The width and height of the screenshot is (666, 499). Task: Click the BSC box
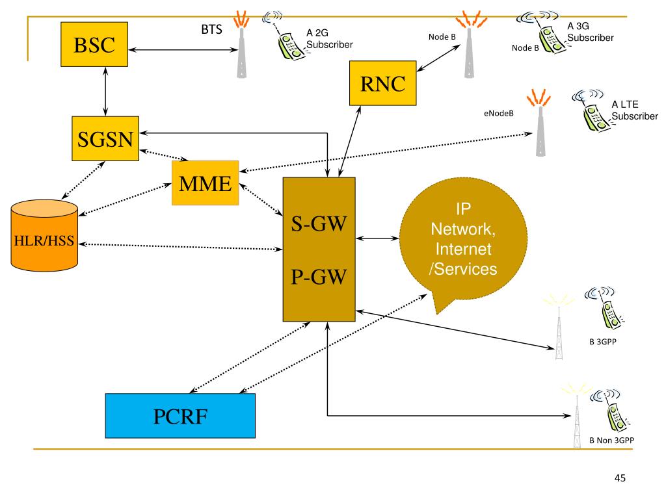coord(94,45)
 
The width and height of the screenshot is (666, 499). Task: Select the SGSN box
coord(105,139)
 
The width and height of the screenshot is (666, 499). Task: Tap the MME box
coord(205,183)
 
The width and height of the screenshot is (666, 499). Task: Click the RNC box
coord(382,83)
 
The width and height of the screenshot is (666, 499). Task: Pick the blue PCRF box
coord(180,416)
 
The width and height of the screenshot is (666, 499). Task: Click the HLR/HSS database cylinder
coord(44,235)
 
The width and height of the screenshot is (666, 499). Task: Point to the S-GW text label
coord(319,224)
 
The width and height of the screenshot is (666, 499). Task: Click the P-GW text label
coord(319,277)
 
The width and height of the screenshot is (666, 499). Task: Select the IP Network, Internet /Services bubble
coord(463,240)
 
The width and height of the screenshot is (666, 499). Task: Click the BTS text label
coord(211,29)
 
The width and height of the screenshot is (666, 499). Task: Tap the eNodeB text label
coord(499,113)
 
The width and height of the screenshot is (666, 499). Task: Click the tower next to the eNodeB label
coord(540,123)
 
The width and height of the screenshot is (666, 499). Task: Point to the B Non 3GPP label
coord(611,441)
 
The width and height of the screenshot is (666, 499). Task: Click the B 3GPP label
coord(603,342)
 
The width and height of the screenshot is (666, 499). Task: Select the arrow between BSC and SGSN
coord(105,91)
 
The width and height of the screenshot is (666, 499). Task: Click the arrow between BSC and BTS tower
coord(183,49)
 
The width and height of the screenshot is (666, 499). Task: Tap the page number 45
coord(620,478)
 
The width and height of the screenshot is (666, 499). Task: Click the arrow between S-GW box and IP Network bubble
coord(377,238)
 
